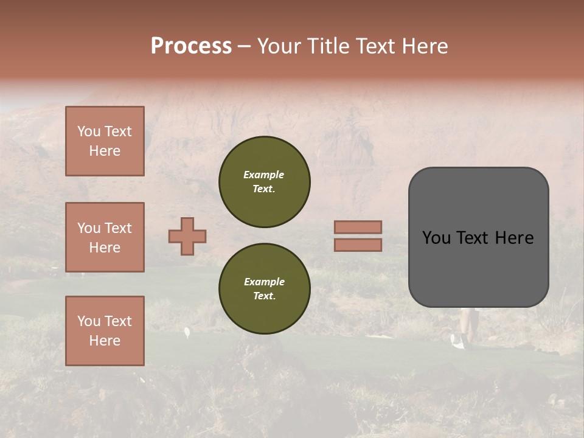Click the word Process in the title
pyautogui.click(x=191, y=46)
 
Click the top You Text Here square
pyautogui.click(x=105, y=141)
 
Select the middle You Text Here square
pyautogui.click(x=105, y=237)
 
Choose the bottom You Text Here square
pyautogui.click(x=105, y=331)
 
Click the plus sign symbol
pyautogui.click(x=187, y=236)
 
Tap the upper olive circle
pyautogui.click(x=265, y=182)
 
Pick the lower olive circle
pyautogui.click(x=265, y=289)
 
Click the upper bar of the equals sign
pyautogui.click(x=358, y=227)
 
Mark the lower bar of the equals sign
pyautogui.click(x=358, y=245)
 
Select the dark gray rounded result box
pyautogui.click(x=478, y=268)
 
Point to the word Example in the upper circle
pyautogui.click(x=263, y=175)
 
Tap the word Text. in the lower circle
pyautogui.click(x=264, y=296)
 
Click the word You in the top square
pyautogui.click(x=88, y=131)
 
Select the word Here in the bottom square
pyautogui.click(x=105, y=341)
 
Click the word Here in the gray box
pyautogui.click(x=514, y=238)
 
